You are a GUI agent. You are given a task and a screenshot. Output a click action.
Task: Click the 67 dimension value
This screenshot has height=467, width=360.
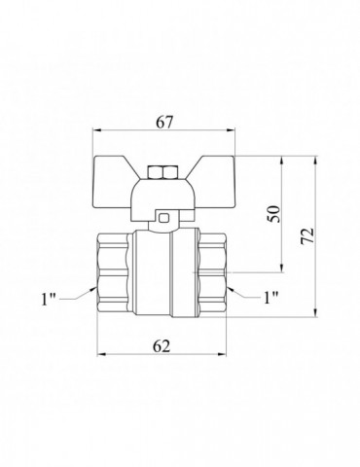(164, 122)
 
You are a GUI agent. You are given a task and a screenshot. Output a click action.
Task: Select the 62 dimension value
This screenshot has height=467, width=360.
(162, 346)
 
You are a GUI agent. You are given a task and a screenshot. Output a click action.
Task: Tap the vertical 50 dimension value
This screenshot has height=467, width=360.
(273, 214)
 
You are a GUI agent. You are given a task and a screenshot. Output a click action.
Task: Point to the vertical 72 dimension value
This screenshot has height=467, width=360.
(307, 236)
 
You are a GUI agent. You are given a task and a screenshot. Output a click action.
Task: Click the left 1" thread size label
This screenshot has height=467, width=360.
(49, 299)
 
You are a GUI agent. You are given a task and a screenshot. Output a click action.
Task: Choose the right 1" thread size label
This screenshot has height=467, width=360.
(270, 298)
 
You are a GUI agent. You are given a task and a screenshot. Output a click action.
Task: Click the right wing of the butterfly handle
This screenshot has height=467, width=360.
(214, 182)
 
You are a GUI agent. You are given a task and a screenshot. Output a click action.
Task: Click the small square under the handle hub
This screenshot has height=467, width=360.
(164, 217)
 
